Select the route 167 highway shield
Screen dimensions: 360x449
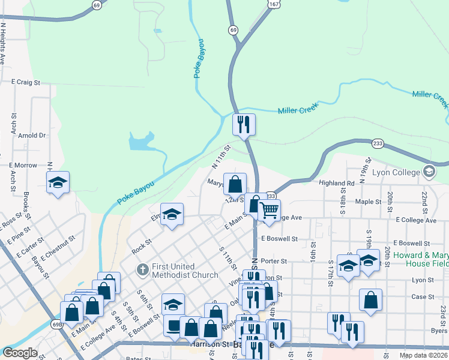pos(273,4)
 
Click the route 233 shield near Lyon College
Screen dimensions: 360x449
pos(378,143)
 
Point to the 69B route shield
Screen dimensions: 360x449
pos(57,325)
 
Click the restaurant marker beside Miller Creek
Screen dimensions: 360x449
pos(244,125)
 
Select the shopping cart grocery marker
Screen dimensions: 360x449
pos(270,211)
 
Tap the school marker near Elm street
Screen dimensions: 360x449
pos(172,215)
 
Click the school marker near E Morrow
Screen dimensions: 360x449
pos(58,183)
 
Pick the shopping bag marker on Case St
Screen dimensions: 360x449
pos(370,300)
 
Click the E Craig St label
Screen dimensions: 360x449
pos(25,81)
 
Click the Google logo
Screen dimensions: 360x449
pos(20,353)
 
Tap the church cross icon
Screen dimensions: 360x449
pos(142,269)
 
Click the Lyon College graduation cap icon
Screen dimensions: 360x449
pos(429,172)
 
